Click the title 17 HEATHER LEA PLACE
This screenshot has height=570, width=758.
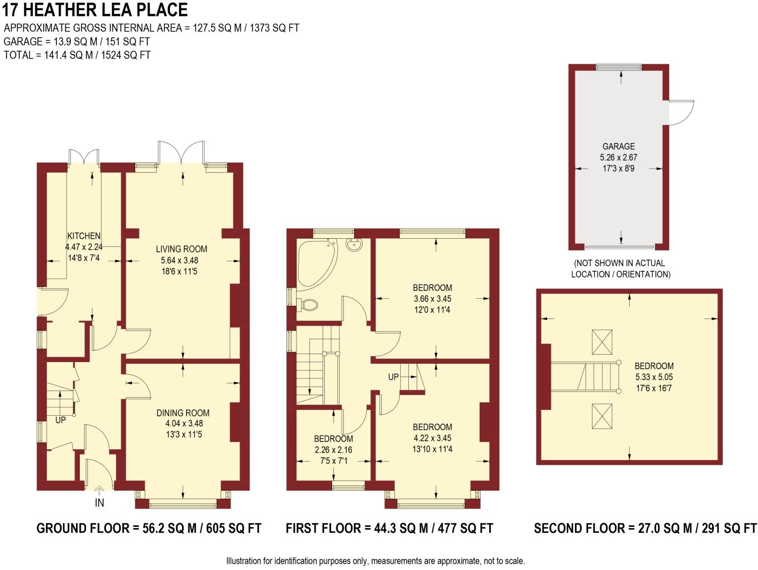tap(95, 10)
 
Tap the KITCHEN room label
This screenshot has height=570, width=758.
tap(84, 236)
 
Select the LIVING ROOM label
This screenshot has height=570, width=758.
tap(182, 249)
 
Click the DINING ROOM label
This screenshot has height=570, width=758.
tap(183, 413)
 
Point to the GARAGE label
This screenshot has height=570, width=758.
tap(618, 146)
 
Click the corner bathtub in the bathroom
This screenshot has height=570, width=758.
tap(315, 262)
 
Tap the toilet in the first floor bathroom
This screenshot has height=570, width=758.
tap(308, 305)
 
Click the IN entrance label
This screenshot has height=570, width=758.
tap(100, 502)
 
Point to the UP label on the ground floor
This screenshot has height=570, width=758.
tap(61, 420)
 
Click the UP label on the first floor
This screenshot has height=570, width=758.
tap(393, 377)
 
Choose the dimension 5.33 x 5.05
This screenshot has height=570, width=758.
tap(654, 377)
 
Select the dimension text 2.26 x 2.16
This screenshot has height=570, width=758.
tap(333, 450)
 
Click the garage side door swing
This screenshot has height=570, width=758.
tap(680, 112)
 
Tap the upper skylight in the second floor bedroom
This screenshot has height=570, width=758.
tap(602, 341)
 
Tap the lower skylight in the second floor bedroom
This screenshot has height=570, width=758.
tap(602, 416)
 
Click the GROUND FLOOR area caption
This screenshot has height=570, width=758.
tap(149, 528)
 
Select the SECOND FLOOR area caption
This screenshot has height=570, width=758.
tap(645, 528)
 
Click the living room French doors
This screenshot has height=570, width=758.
tap(181, 153)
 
